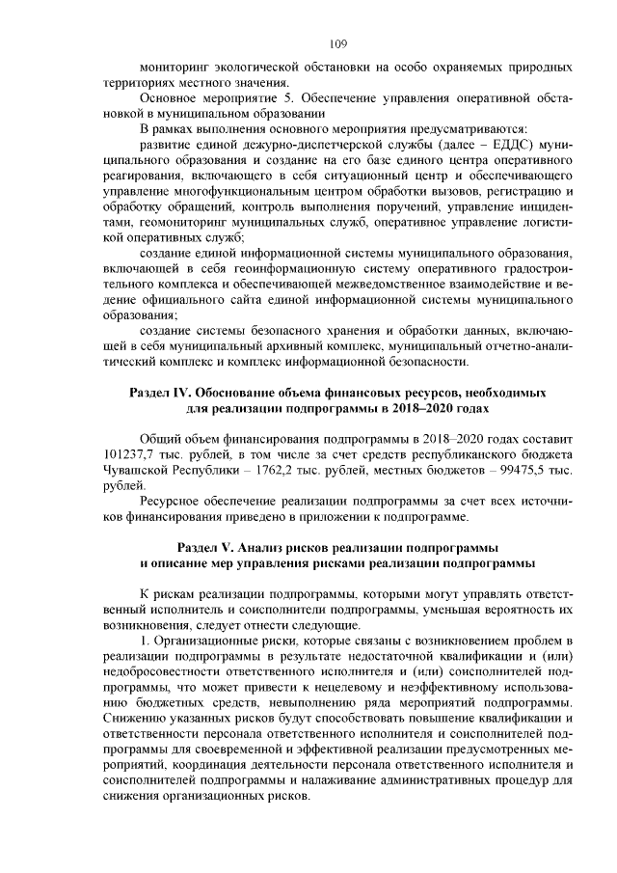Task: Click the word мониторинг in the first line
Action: point(177,68)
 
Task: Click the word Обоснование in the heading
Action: point(245,394)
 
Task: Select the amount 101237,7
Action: point(131,453)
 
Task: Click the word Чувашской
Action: point(136,469)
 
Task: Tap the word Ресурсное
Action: point(174,502)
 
